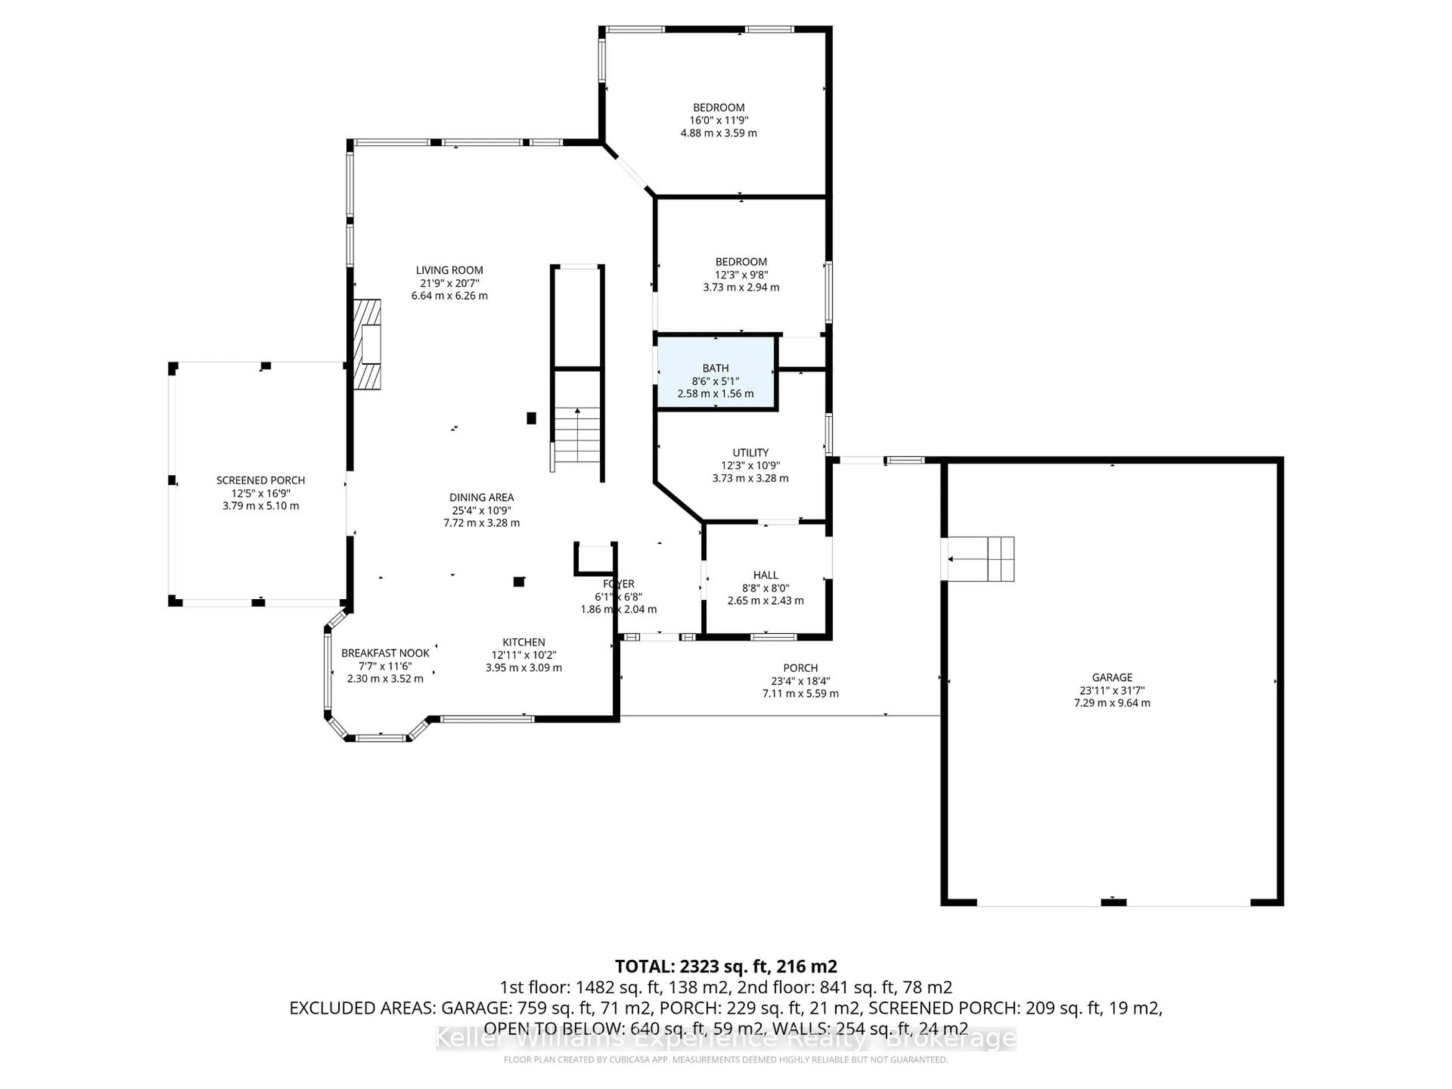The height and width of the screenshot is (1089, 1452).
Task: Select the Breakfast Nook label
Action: click(385, 653)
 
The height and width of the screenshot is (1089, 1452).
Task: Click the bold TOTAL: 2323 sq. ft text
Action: click(725, 966)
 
